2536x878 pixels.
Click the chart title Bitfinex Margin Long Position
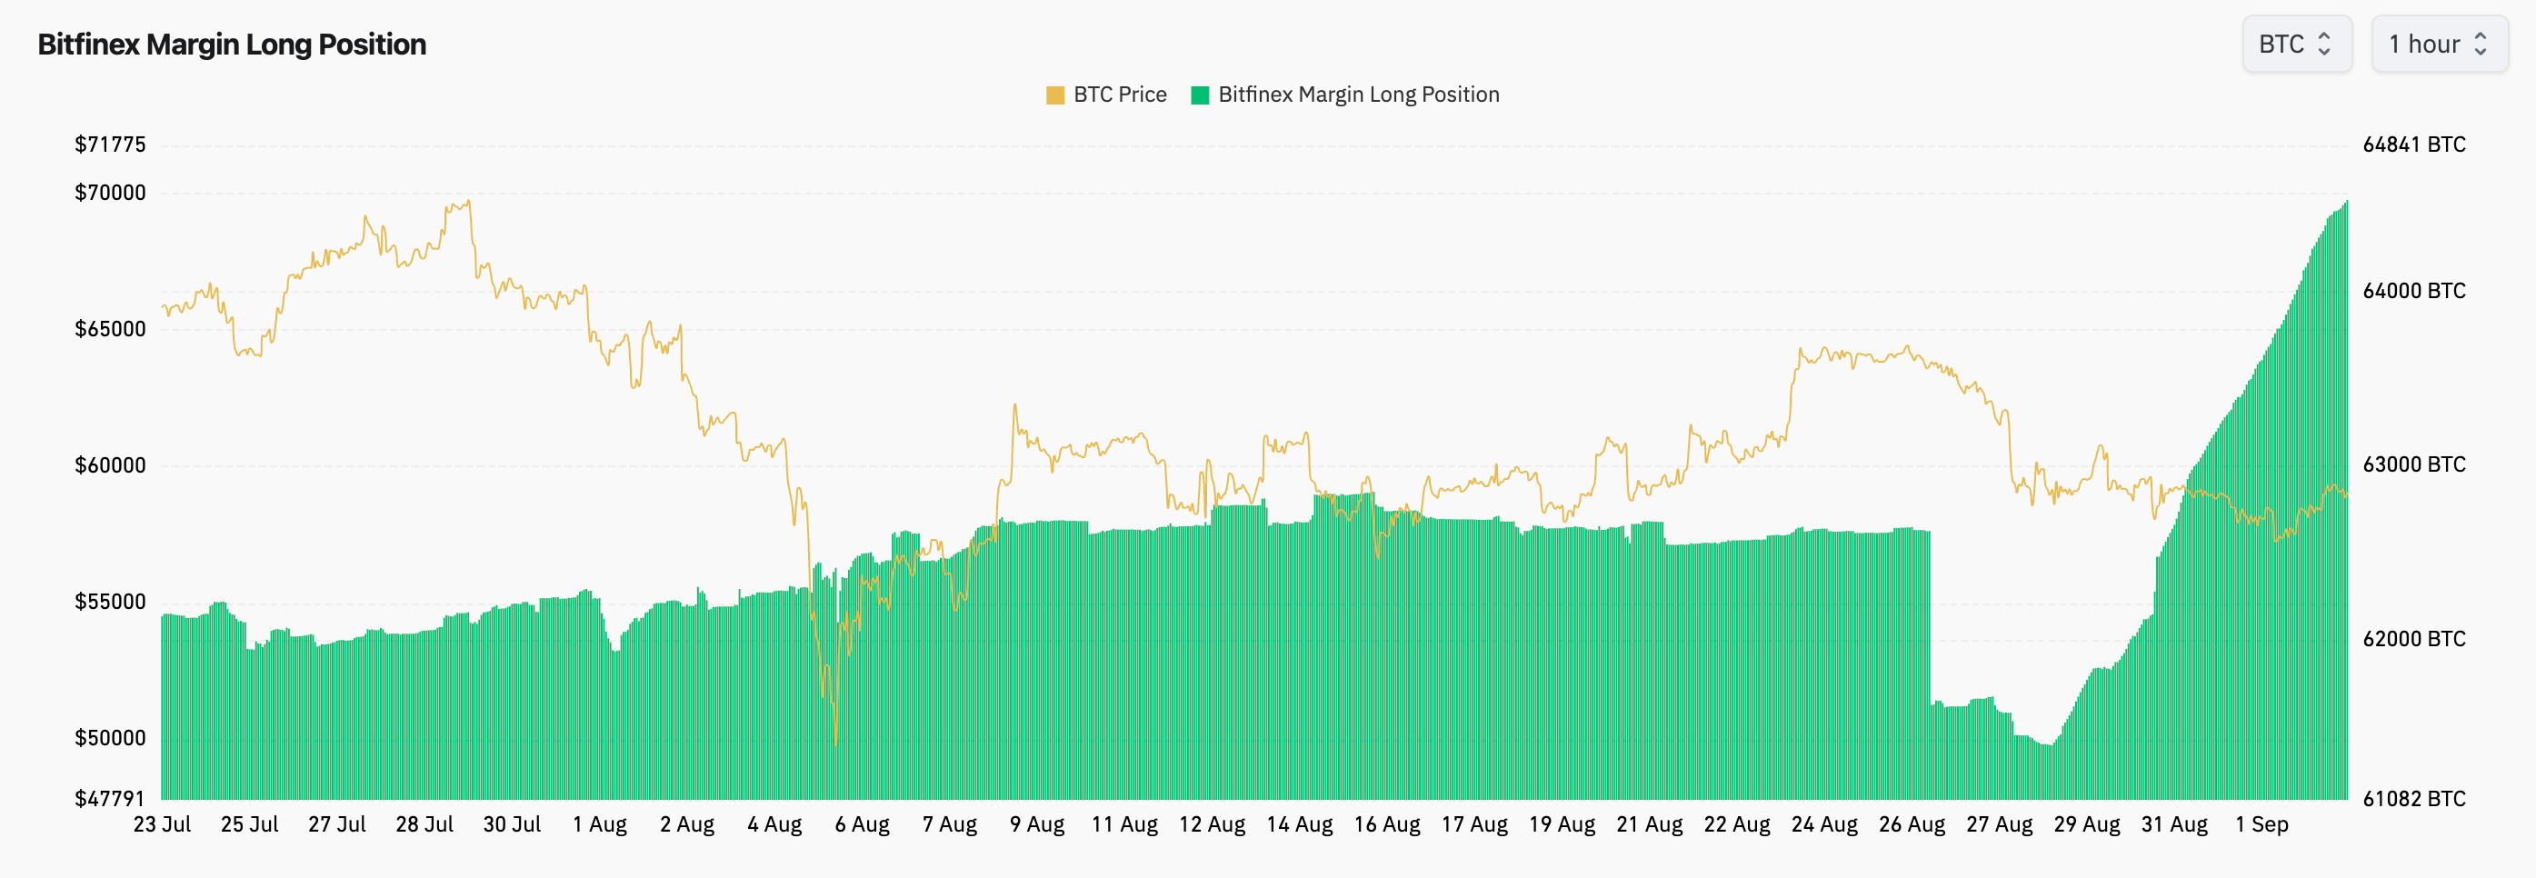click(232, 45)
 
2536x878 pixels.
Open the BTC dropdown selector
click(2296, 45)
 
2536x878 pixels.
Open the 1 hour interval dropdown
click(2438, 45)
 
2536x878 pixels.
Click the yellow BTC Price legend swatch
click(1054, 95)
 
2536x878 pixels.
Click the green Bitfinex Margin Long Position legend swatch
click(1199, 95)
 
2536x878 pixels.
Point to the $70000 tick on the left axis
click(110, 193)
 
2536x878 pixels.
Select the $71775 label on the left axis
click(110, 145)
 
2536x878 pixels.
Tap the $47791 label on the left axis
click(110, 798)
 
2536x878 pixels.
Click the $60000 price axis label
click(110, 465)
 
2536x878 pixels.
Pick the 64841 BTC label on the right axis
click(2413, 145)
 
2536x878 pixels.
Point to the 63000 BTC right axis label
click(2413, 464)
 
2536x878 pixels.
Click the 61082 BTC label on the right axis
click(2413, 798)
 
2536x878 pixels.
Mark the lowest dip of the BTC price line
click(836, 743)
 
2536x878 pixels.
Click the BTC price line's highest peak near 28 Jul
click(469, 201)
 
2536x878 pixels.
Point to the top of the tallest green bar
click(2346, 202)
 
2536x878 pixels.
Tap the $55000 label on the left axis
click(110, 603)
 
